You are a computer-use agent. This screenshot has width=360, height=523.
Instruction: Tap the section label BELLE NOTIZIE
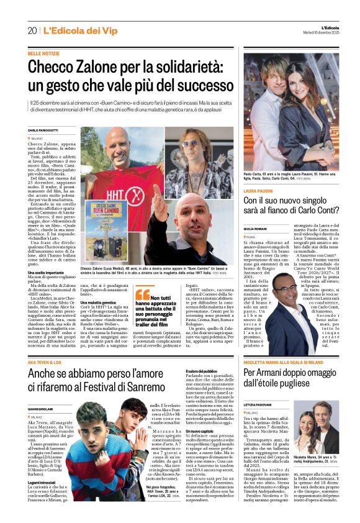click(x=44, y=55)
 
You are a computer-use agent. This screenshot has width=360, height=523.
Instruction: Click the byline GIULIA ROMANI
click(x=257, y=228)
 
